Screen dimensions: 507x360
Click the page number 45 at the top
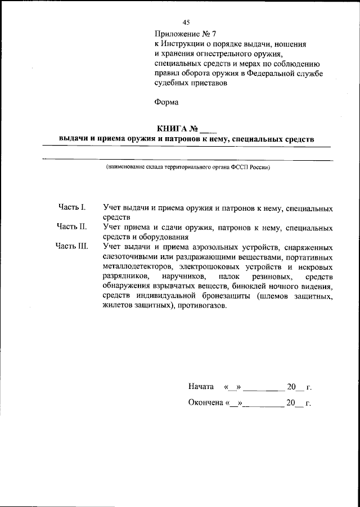(x=186, y=22)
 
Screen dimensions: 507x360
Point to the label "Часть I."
(x=71, y=207)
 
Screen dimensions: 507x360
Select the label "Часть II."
(x=71, y=227)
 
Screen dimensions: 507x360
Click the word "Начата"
(x=201, y=387)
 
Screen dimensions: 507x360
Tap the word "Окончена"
(x=205, y=403)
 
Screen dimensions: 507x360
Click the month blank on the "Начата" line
(x=264, y=387)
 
